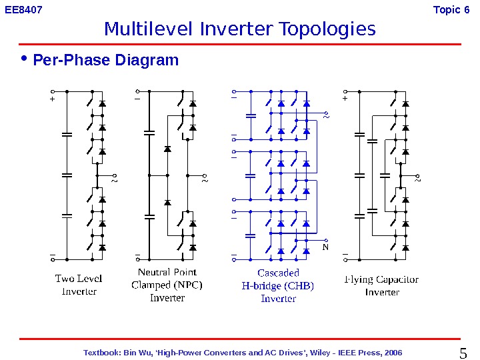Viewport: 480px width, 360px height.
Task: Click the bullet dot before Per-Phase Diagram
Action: (25, 59)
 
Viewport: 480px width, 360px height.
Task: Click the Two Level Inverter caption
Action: (79, 285)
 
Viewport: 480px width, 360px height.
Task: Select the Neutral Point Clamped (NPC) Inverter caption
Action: (167, 285)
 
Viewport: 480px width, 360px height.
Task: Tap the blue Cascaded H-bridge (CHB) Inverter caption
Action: (278, 285)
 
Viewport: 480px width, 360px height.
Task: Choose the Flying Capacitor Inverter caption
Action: (382, 285)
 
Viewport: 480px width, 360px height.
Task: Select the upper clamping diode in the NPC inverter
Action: (167, 149)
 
